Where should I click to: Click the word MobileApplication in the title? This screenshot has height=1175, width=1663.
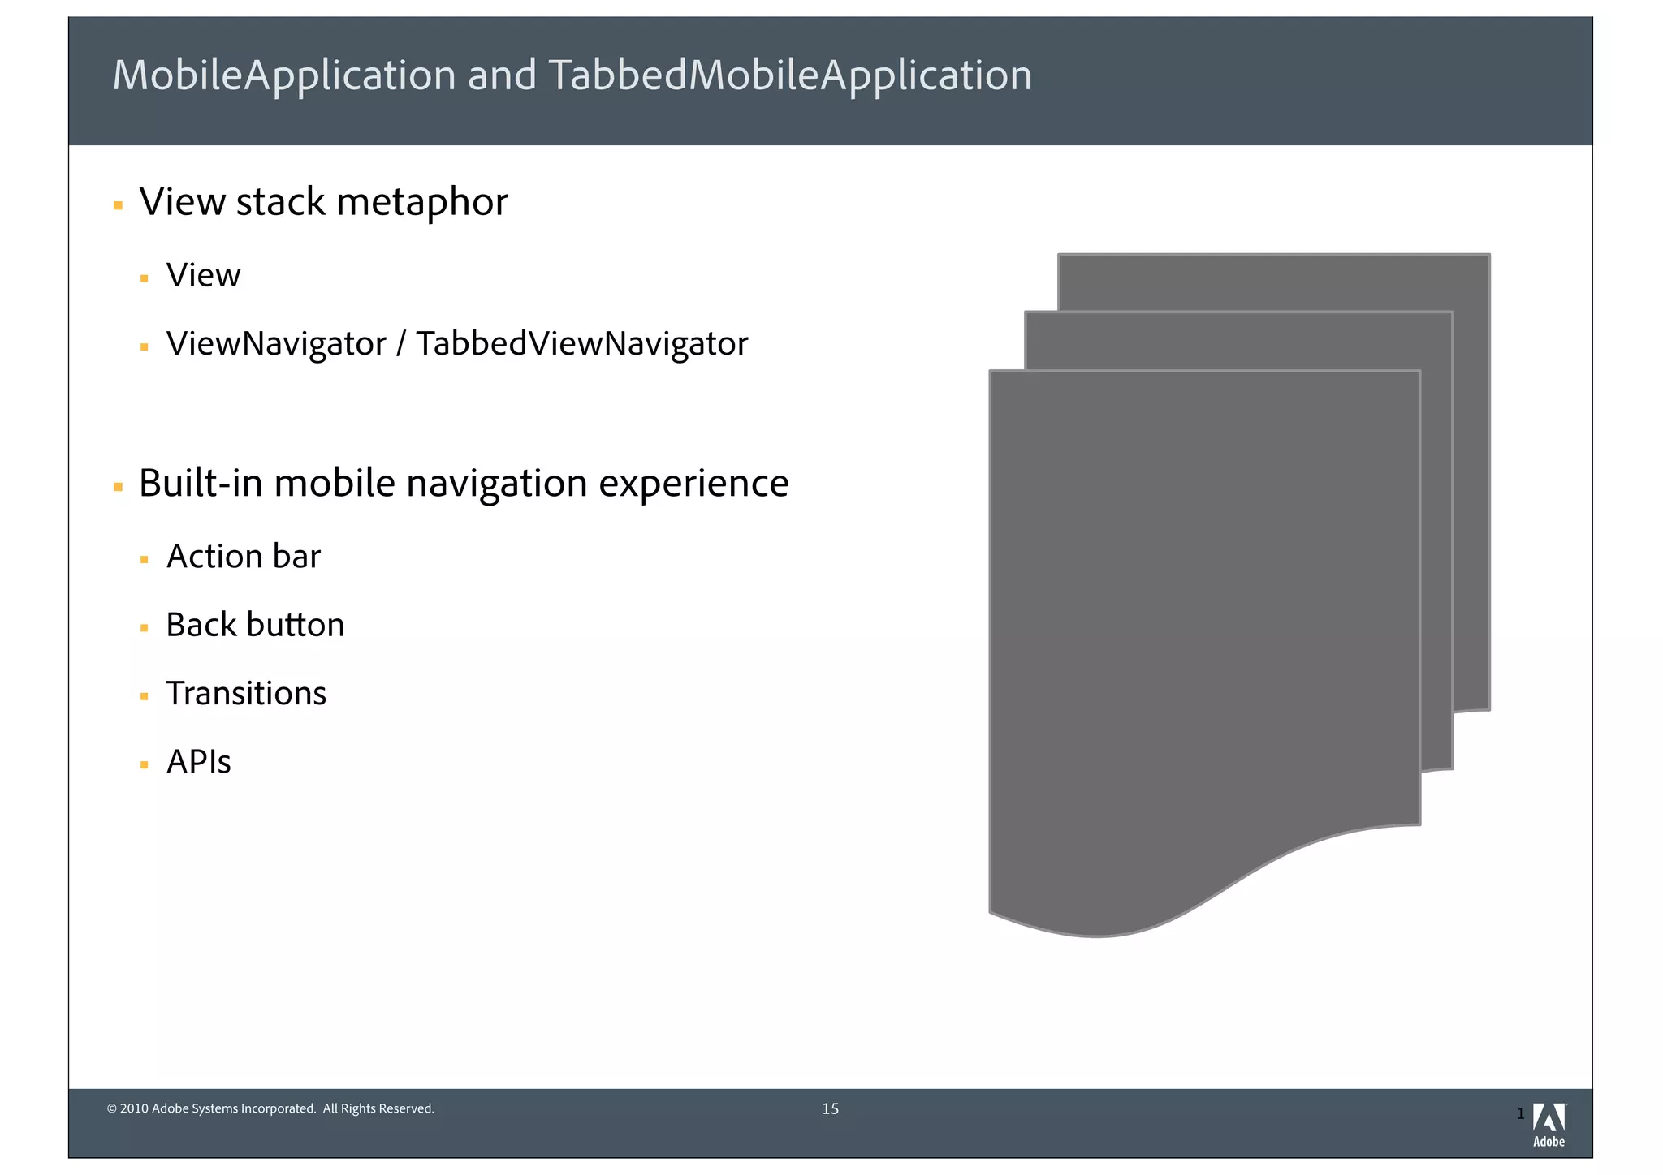(284, 75)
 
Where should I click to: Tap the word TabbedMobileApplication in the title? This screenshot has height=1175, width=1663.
(789, 75)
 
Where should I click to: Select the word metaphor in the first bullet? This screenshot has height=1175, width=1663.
(421, 202)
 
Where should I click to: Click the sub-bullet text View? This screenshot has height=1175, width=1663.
(203, 276)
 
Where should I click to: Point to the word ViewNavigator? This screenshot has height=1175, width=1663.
(276, 344)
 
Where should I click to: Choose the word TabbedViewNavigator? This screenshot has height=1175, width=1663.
(581, 344)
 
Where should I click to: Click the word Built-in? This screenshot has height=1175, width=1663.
(201, 484)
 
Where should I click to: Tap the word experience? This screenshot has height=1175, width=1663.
(693, 484)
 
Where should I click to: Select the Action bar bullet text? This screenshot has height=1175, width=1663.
(243, 557)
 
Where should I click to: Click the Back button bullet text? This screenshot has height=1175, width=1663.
(255, 625)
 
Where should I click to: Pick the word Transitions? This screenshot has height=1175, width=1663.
(246, 694)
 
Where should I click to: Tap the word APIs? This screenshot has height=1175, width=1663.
(198, 762)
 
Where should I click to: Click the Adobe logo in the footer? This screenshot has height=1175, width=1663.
(1549, 1125)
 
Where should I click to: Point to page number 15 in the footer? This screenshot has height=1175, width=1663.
(830, 1109)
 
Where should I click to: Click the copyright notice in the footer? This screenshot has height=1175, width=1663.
(270, 1109)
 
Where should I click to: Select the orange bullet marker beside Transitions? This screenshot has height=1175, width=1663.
(144, 696)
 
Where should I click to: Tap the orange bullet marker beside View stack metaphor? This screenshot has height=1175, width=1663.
(118, 206)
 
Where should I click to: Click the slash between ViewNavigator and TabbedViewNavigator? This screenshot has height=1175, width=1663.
(401, 344)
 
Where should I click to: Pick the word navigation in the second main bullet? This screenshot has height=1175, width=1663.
(496, 484)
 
